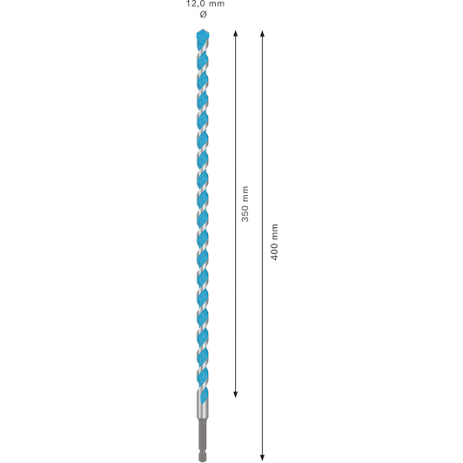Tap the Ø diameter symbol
[x=203, y=14]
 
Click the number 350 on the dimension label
[x=245, y=212]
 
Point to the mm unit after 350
[x=245, y=193]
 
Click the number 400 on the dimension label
[x=275, y=251]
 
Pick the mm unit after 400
[x=275, y=231]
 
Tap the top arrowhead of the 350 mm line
[x=235, y=33]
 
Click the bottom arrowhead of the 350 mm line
[x=235, y=394]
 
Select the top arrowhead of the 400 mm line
[x=262, y=33]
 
